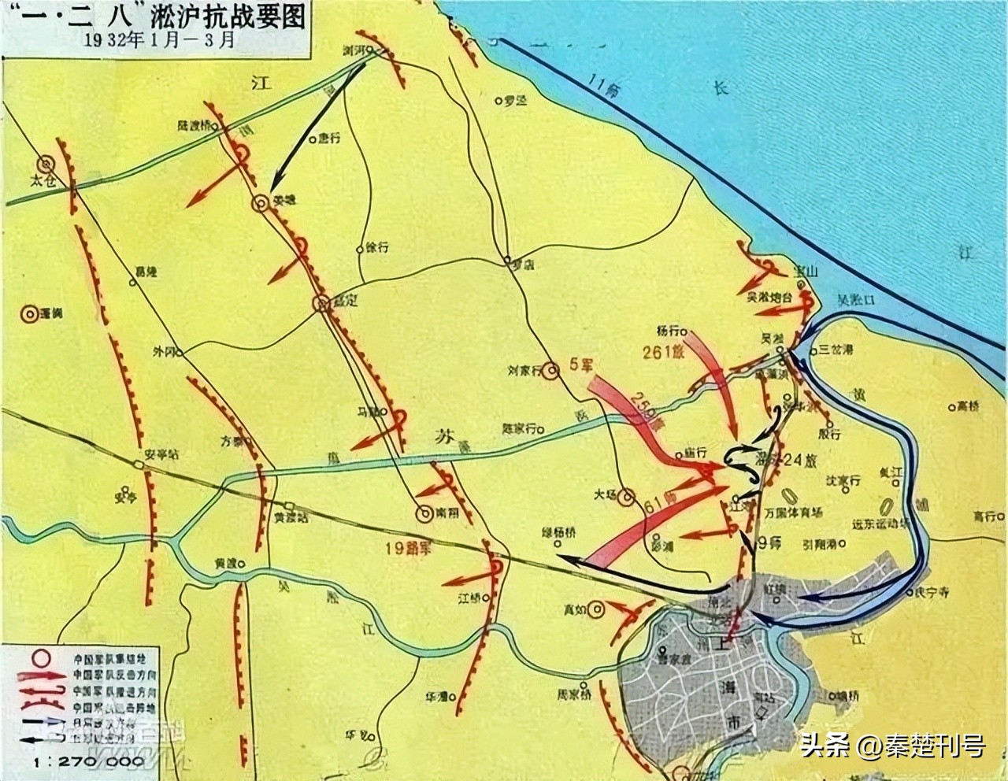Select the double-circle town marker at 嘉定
coord(323,303)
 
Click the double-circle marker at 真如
coord(597,607)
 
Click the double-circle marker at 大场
coord(626,497)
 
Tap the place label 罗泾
coord(515,101)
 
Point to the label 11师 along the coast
coord(606,91)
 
